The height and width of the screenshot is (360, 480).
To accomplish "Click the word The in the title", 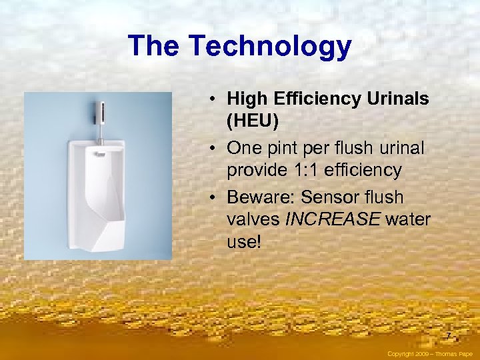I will (155, 46).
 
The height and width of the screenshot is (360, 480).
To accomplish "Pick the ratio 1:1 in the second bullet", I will (311, 170).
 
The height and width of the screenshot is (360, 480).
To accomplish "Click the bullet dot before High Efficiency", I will (209, 99).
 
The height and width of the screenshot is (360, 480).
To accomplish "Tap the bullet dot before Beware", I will (209, 198).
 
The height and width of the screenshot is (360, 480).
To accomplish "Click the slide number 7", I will (449, 335).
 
